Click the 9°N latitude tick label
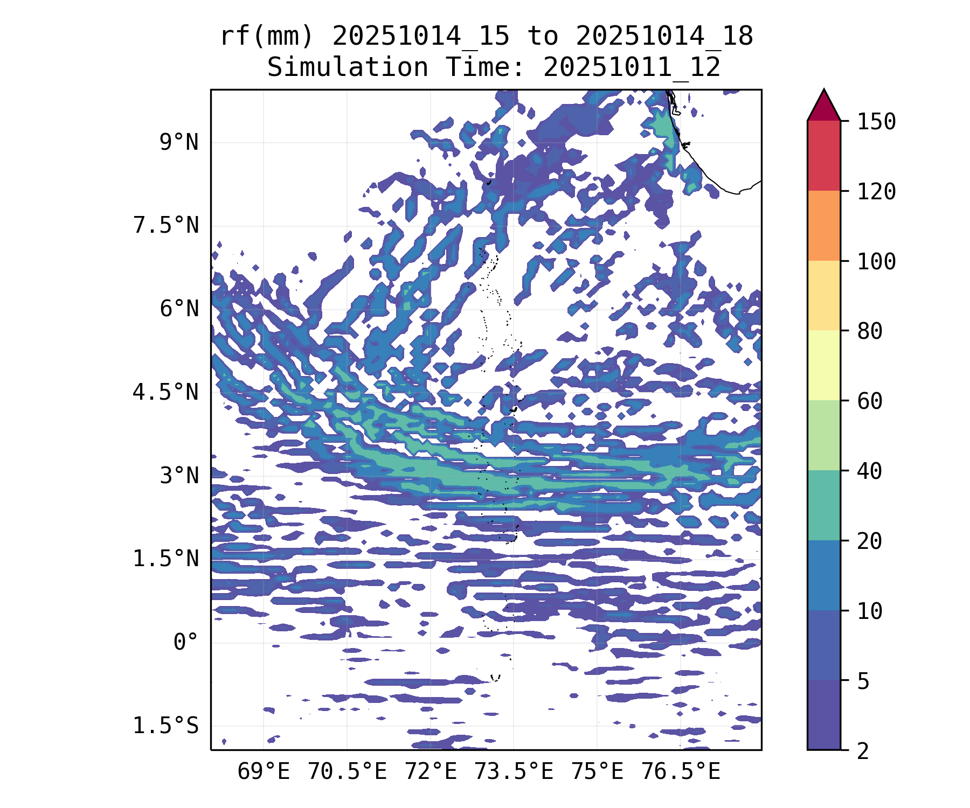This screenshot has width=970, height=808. tap(179, 143)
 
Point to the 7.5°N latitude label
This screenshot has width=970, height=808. tap(166, 226)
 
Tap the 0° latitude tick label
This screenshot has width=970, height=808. tap(186, 642)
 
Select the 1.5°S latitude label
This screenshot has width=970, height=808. tap(166, 726)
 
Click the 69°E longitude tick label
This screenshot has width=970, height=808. tap(264, 772)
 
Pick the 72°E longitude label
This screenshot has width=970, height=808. tap(431, 772)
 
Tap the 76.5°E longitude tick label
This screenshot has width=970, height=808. tap(681, 772)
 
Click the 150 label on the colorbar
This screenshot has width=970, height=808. tap(876, 122)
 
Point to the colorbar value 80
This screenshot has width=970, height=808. tap(870, 331)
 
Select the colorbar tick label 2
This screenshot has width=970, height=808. tap(863, 751)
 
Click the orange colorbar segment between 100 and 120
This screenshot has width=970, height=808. tap(823, 226)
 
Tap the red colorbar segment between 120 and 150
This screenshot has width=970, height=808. tap(823, 156)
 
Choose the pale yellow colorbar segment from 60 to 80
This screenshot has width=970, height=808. tap(823, 365)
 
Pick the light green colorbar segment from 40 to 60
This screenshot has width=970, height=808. tap(823, 435)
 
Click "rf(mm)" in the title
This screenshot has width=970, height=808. tap(267, 37)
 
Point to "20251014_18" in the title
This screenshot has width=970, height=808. tap(664, 37)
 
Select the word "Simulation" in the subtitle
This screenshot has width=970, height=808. tap(348, 68)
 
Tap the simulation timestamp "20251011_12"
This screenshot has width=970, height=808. tap(632, 68)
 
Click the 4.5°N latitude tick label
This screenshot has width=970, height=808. tap(166, 392)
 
